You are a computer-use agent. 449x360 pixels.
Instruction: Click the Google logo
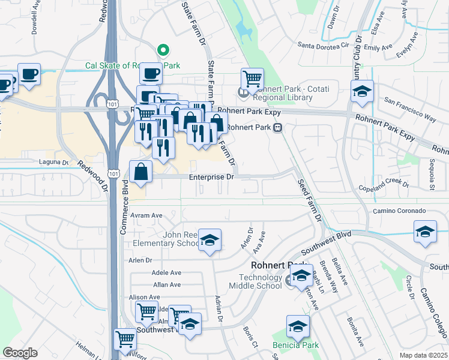20,353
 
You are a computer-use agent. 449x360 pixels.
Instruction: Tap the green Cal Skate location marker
161,50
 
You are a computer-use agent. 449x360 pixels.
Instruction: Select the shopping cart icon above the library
252,78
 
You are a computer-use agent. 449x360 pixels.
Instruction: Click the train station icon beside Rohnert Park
278,127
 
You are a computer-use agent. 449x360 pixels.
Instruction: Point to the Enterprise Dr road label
211,177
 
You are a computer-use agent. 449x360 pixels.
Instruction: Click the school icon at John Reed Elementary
209,240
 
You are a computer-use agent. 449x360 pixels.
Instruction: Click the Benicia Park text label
295,346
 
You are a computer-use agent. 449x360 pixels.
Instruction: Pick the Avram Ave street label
148,215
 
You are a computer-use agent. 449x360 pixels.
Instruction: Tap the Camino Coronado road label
399,211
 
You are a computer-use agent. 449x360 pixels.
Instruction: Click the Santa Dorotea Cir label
323,45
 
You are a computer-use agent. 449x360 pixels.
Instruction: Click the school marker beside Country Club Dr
362,91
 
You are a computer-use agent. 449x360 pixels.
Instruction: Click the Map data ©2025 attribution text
423,355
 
